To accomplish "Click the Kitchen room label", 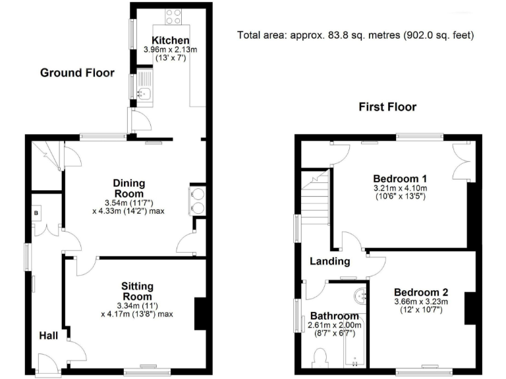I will pos(171,41).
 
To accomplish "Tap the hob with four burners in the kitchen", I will pos(174,16).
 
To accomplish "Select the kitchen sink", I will pos(145,94).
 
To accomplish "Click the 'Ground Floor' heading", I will pos(77,73).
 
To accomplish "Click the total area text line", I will pos(356,35).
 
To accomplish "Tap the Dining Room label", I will pos(129,189).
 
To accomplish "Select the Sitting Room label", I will pos(137,291).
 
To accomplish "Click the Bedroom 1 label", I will pos(400,178).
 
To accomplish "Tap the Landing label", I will pos(330,261).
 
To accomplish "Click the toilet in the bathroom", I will pos(322,359).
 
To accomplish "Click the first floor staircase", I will pos(315,197).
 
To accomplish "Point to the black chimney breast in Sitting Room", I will pos(200,314).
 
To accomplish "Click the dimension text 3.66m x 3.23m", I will pos(421,302).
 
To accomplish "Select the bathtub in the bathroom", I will pos(355,345).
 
